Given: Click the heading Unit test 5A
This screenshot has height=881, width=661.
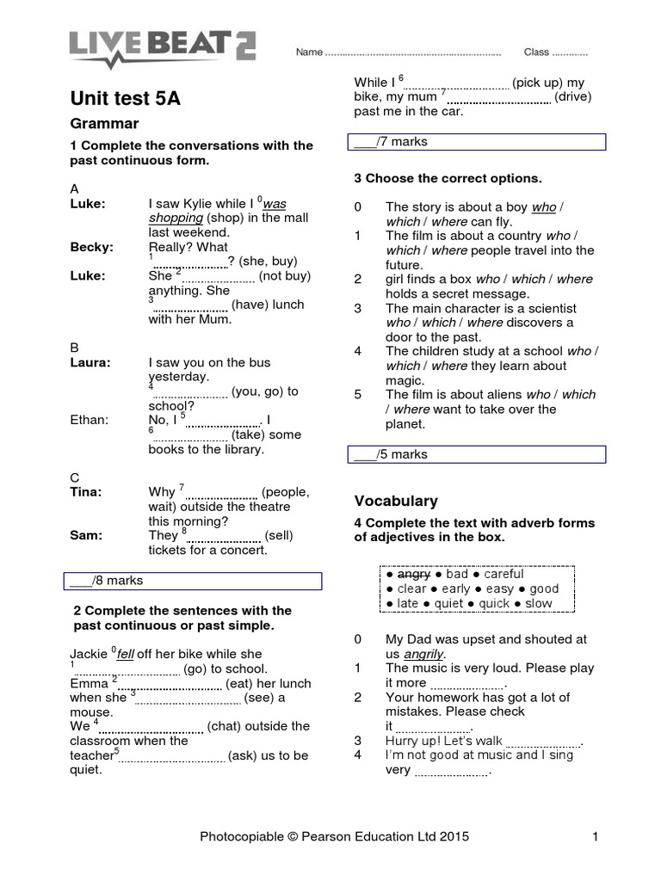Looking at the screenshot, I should point(125,98).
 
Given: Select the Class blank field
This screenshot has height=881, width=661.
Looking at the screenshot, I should point(569,52).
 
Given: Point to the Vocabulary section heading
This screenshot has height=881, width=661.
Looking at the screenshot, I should point(396,501).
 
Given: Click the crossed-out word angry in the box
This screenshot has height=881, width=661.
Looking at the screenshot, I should point(415,574).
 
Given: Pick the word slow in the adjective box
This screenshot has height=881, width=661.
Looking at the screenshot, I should point(538,603).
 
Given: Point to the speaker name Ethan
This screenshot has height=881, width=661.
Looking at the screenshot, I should point(90,420).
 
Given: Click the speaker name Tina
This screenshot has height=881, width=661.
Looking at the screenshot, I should point(85,492).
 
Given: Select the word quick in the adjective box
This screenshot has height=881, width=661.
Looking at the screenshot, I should point(494,603).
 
